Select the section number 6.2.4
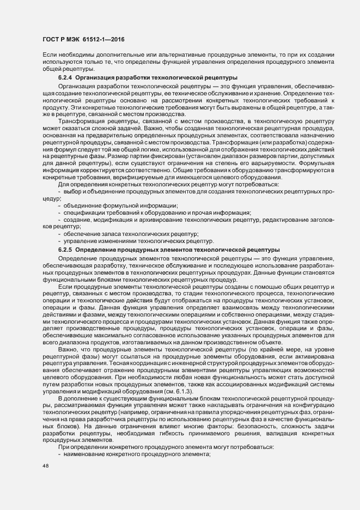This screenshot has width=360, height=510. tap(66, 78)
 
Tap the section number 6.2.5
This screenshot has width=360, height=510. tap(66, 249)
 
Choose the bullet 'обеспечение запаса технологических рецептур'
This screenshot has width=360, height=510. tap(131, 233)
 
